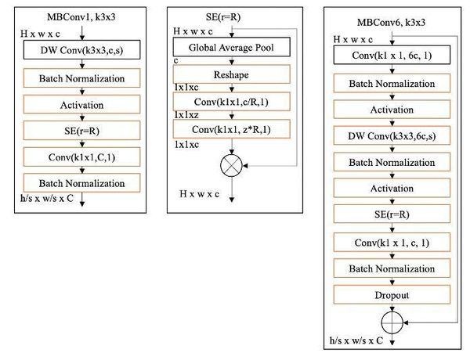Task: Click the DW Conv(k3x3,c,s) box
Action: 75,52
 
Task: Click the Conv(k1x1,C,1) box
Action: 75,157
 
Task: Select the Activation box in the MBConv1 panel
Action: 75,104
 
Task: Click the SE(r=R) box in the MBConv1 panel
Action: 75,130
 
